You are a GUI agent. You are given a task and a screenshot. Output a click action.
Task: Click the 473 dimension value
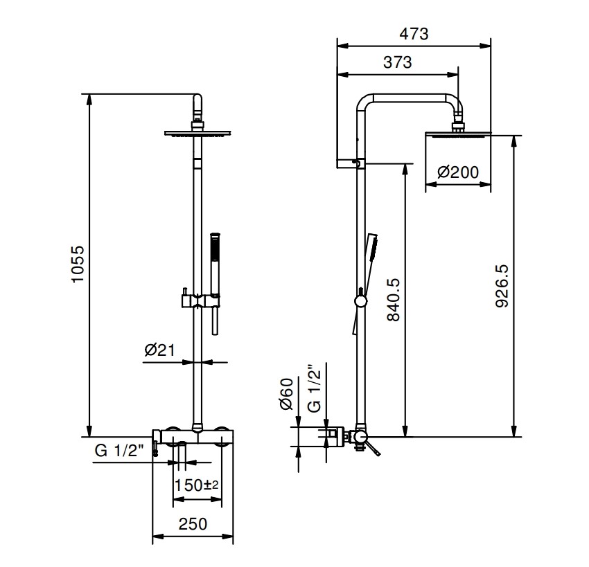[x=414, y=34]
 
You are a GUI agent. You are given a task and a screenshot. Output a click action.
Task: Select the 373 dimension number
[x=398, y=62]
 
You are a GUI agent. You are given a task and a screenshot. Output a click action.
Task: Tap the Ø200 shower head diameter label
[x=458, y=172]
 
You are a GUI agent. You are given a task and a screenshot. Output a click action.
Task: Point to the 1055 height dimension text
[x=78, y=264]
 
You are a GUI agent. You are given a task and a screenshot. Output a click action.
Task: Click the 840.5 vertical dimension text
[x=394, y=300]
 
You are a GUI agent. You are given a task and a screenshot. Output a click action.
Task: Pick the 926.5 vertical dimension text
[x=502, y=286]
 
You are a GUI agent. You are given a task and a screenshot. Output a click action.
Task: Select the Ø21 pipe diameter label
[x=159, y=350]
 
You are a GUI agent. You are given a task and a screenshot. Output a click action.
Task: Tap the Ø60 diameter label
[x=286, y=394]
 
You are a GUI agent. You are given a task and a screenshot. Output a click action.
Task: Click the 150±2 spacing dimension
[x=196, y=485]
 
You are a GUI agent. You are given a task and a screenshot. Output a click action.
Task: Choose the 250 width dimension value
[x=193, y=524]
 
